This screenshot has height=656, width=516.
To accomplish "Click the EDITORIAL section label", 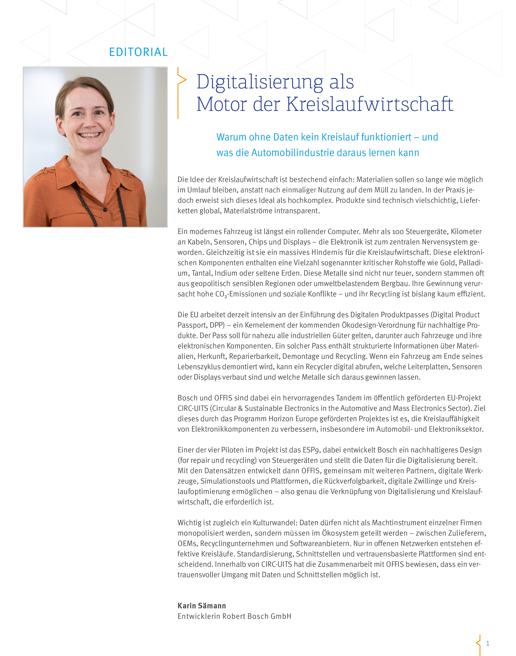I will point(138,52).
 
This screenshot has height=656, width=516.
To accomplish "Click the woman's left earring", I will point(111,132).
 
